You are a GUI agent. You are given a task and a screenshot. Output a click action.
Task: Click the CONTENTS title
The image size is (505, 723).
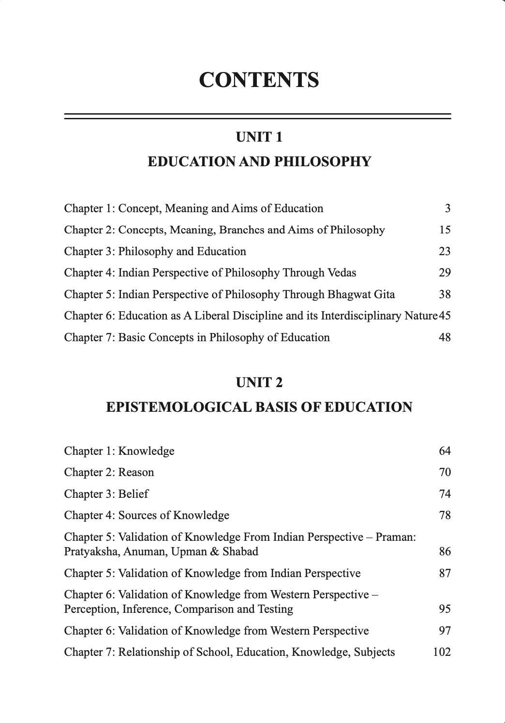(259, 80)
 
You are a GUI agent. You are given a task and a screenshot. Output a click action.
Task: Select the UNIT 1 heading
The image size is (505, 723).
(259, 137)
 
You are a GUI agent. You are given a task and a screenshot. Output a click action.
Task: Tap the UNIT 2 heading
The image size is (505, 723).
(259, 383)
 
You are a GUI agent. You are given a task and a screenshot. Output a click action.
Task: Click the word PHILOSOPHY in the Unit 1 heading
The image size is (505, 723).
(323, 161)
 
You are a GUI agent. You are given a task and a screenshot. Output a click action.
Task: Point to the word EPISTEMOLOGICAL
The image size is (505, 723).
(178, 407)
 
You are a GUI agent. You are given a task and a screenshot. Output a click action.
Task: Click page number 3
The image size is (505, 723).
(447, 208)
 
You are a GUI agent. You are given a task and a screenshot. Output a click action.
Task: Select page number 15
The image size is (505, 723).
(445, 230)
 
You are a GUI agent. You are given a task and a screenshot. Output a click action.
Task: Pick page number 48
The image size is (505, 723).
(445, 337)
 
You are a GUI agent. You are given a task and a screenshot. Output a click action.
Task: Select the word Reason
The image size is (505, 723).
(136, 472)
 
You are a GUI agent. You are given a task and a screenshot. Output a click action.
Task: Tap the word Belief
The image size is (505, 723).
(133, 494)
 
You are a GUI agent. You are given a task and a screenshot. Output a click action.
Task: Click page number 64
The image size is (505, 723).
(445, 451)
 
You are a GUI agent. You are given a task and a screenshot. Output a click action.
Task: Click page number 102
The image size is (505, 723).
(442, 652)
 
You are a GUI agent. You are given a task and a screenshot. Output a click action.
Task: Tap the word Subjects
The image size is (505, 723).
(374, 652)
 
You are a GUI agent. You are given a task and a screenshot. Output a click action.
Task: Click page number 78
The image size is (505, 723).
(445, 515)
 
